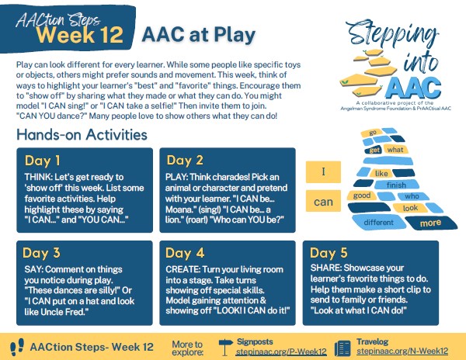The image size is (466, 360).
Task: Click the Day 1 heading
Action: click(x=43, y=161)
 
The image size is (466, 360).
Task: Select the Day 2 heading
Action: click(x=185, y=161)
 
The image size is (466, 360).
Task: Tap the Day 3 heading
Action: click(x=41, y=253)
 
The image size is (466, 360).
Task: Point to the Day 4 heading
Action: click(x=185, y=253)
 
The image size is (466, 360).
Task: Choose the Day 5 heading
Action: click(x=329, y=253)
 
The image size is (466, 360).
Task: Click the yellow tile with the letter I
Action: click(x=323, y=171)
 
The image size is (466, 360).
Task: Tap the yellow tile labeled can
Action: click(x=323, y=201)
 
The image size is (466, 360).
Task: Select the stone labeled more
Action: click(x=431, y=223)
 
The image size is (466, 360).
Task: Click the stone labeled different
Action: click(x=379, y=223)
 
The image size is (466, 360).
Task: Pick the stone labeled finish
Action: click(x=396, y=185)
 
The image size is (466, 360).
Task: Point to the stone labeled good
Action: click(x=362, y=196)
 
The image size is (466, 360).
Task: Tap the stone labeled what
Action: click(x=395, y=149)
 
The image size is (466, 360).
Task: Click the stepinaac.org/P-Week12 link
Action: click(x=281, y=351)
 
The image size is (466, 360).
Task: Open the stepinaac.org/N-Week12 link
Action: click(x=402, y=351)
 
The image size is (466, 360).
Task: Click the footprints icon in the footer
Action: click(x=17, y=348)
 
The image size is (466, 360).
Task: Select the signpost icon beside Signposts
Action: click(x=225, y=347)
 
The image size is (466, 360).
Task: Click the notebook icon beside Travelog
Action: click(x=343, y=348)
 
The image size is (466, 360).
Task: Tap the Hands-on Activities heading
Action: click(x=82, y=134)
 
